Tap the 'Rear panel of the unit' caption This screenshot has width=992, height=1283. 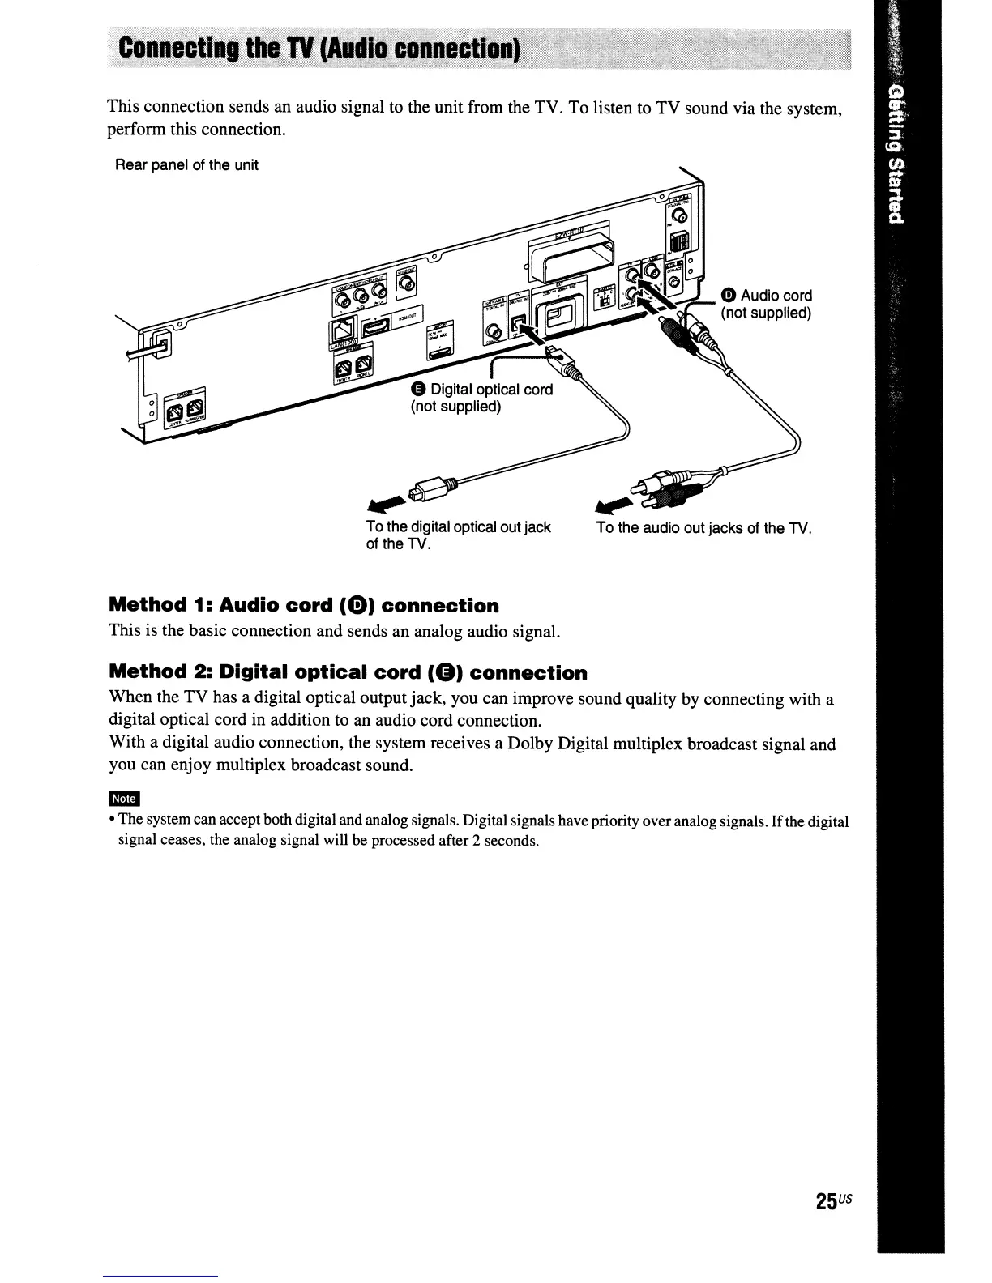coord(186,165)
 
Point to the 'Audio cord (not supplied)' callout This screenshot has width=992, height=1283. coord(766,304)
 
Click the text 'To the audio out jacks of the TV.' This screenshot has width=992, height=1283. coord(703,528)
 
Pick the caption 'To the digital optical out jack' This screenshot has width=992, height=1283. coord(458,527)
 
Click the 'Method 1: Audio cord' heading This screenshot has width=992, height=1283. coord(304,606)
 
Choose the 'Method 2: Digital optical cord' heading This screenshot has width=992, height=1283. coord(348,672)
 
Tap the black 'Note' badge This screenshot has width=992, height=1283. coord(125,799)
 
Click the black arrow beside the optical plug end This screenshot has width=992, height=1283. coord(387,503)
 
